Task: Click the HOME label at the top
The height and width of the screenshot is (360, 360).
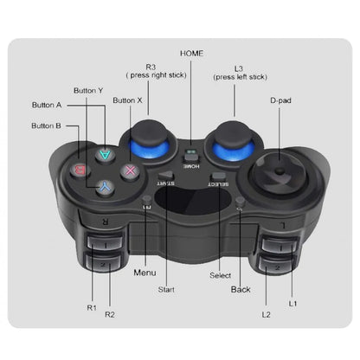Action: coord(192,53)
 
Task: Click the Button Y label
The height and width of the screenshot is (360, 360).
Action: coord(89,90)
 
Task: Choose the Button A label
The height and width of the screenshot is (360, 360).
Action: coord(47,106)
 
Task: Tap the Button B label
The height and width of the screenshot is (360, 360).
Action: coord(47,126)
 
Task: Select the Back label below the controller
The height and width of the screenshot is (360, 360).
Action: coord(241,288)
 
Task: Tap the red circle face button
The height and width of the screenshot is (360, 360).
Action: coord(79,170)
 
